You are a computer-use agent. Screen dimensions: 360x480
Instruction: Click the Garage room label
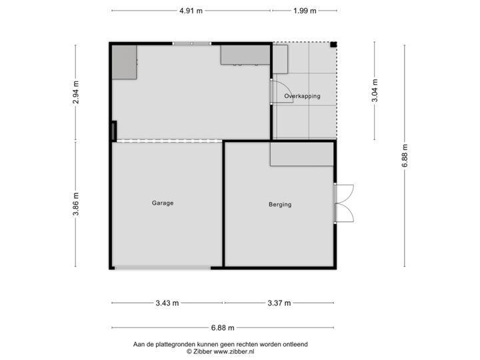tap(162, 203)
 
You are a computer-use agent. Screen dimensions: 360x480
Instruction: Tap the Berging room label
tap(280, 205)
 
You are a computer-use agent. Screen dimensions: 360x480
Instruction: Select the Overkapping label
tap(302, 96)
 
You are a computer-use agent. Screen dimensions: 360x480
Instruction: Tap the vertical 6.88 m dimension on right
tap(405, 155)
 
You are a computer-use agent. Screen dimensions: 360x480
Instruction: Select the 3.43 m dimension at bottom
tap(167, 303)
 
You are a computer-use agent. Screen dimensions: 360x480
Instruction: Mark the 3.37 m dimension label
tap(279, 303)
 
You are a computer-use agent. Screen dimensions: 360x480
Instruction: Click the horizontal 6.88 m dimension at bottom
tap(223, 327)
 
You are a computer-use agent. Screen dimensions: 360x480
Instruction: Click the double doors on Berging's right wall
tap(345, 203)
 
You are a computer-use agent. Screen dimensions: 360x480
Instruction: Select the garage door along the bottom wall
tap(162, 268)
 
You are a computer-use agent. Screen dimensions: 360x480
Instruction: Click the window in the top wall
tap(192, 44)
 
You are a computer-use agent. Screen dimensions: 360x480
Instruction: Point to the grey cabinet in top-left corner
tap(124, 62)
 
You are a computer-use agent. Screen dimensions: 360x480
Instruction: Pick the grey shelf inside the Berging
tap(301, 155)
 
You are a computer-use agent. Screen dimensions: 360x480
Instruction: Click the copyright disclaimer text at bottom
tap(221, 347)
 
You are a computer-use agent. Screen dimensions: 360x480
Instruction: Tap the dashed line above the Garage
tap(168, 141)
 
